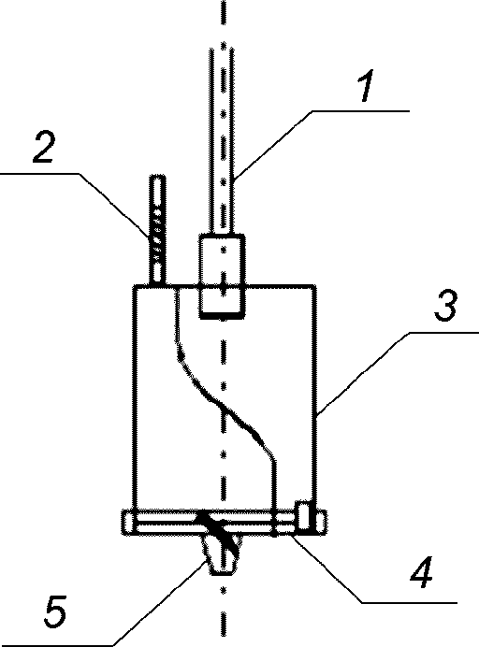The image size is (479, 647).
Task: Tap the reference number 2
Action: (44, 147)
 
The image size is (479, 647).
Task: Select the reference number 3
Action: (446, 306)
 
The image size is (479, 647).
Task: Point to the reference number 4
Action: (422, 573)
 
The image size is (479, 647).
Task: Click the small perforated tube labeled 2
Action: (157, 230)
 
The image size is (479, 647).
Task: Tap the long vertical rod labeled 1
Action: (223, 141)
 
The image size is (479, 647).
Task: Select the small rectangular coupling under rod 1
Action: (222, 276)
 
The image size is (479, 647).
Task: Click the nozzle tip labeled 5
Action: (222, 554)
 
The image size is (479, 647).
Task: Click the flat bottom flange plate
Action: (225, 523)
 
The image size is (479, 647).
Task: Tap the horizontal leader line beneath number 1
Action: (360, 110)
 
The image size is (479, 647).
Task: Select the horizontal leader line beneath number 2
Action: (39, 174)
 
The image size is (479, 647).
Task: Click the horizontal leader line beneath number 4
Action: (409, 603)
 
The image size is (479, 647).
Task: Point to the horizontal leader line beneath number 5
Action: (56, 645)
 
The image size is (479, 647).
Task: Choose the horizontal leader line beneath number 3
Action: (443, 332)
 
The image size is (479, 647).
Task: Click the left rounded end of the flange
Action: (127, 523)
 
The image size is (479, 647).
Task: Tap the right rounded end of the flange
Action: (321, 523)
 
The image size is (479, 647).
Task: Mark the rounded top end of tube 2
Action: (157, 179)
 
